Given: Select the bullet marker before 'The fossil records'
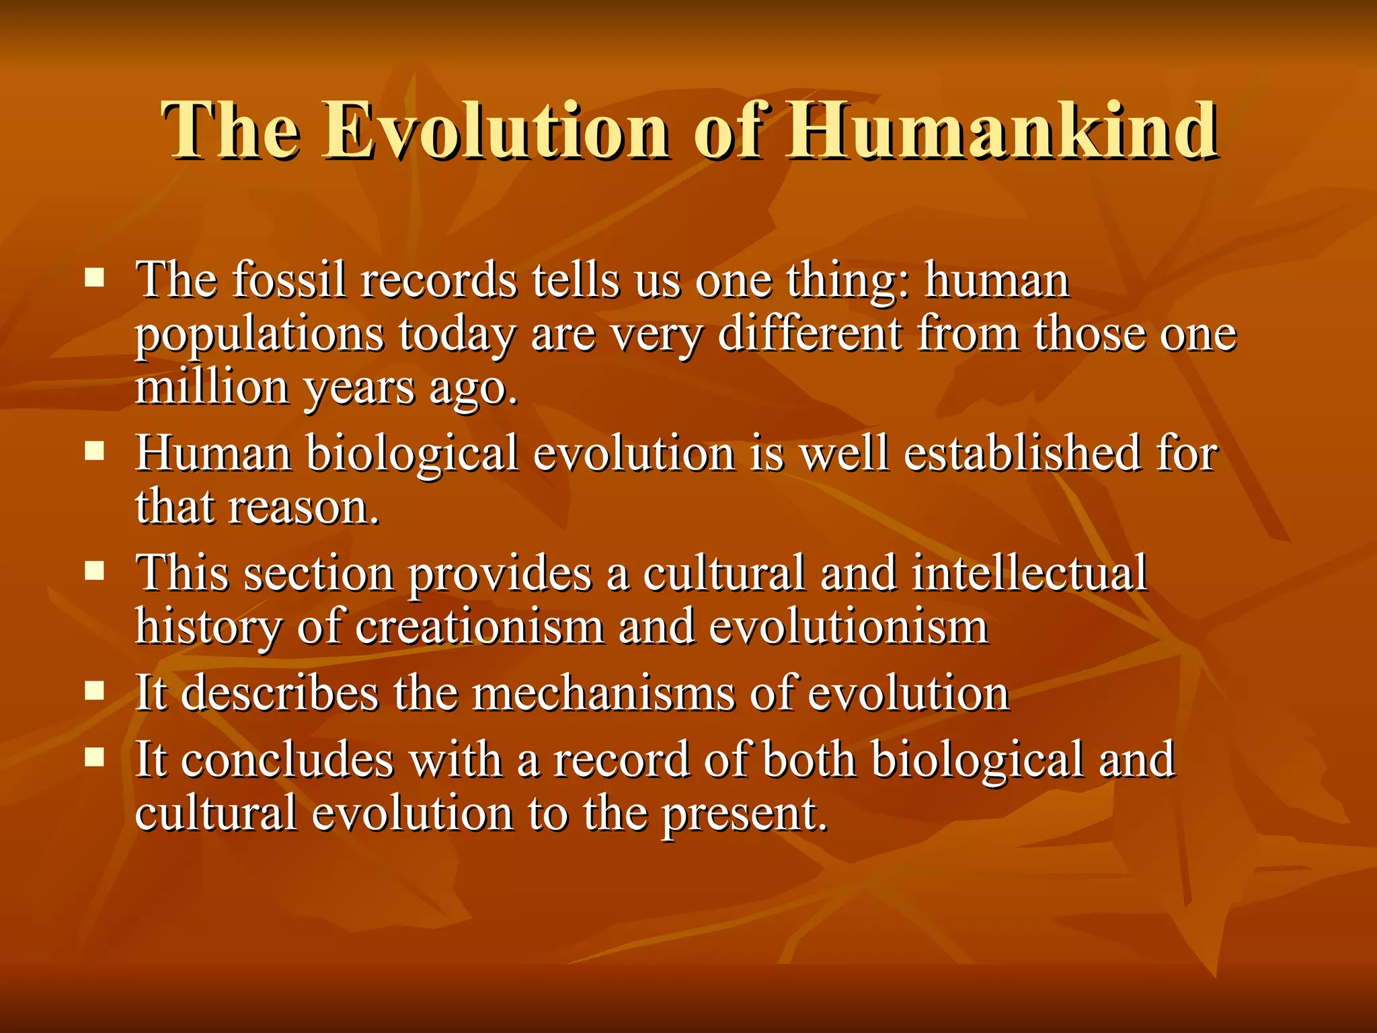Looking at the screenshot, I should click(x=95, y=277).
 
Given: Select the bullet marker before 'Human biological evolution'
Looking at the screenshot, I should click(x=95, y=450).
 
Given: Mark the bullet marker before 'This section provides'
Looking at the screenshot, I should click(x=95, y=571).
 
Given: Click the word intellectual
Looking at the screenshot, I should click(x=1029, y=574).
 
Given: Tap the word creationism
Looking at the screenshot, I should click(x=479, y=627).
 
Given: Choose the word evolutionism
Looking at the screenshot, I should click(x=849, y=627).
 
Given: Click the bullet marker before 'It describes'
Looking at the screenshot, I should click(x=95, y=691).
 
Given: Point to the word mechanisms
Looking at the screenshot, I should click(x=603, y=693).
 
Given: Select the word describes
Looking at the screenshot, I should click(x=280, y=693).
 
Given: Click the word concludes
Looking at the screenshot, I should click(x=287, y=761).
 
